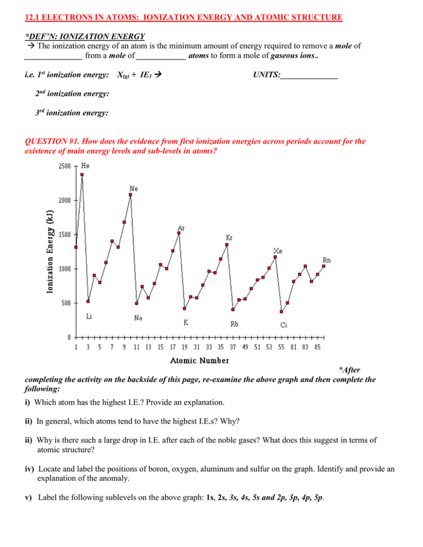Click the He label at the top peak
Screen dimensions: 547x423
click(86, 165)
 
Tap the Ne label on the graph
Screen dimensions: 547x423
click(133, 188)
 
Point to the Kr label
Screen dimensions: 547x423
click(229, 237)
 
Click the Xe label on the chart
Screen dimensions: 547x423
click(278, 250)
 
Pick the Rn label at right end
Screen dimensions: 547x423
click(327, 260)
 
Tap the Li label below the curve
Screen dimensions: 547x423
click(89, 316)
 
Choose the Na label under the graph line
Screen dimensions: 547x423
click(139, 318)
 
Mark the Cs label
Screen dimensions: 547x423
click(284, 324)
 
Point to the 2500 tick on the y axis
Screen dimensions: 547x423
click(65, 166)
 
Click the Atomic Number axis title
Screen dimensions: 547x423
click(200, 361)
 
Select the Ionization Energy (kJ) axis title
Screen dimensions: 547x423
click(50, 251)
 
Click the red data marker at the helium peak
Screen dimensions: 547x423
click(82, 175)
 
